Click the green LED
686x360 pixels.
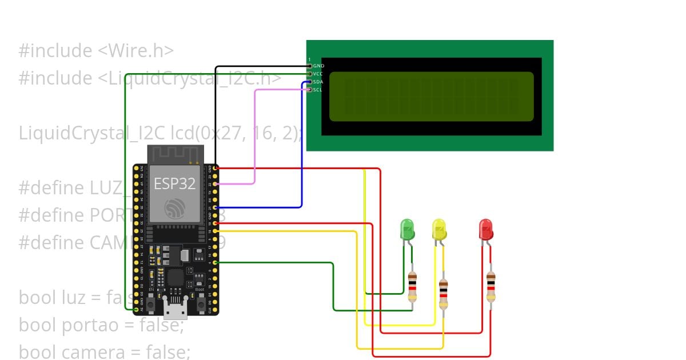tap(407, 229)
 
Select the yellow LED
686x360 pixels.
tap(439, 229)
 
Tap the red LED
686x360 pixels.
tap(485, 229)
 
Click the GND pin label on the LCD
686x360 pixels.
tap(318, 66)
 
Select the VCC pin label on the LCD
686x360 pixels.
tap(318, 74)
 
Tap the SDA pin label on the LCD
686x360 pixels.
tap(318, 82)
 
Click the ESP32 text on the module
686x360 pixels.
tap(174, 183)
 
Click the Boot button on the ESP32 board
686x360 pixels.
tap(201, 303)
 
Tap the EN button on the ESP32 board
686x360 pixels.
tap(150, 303)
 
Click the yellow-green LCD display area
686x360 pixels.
tap(431, 97)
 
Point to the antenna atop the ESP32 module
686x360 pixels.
tap(176, 154)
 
